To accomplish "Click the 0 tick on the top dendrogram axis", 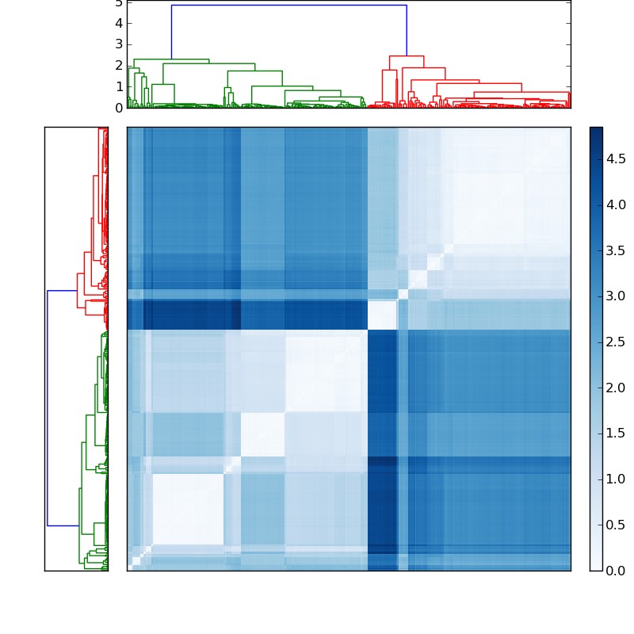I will tap(119, 107).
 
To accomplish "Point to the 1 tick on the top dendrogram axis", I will tap(119, 86).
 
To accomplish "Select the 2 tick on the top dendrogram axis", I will tap(119, 65).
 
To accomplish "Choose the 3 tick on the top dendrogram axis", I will tap(119, 44).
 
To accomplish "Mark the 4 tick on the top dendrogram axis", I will tap(119, 23).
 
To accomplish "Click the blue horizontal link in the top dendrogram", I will tap(288, 6).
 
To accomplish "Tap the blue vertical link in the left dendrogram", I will tap(48, 408).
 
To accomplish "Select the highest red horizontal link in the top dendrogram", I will tap(407, 56).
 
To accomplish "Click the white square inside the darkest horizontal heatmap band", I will tap(383, 315).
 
